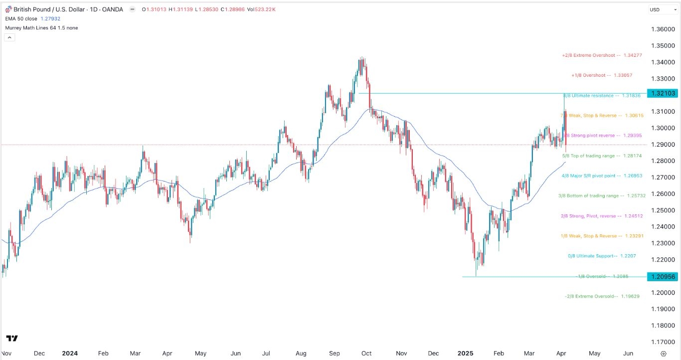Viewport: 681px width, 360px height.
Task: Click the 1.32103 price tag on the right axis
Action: click(662, 94)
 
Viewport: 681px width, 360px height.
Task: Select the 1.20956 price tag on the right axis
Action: click(662, 277)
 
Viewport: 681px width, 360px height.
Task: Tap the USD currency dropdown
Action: click(661, 9)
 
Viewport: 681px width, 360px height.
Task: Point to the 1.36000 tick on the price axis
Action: click(662, 29)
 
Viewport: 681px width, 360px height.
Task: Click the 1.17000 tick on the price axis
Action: click(662, 342)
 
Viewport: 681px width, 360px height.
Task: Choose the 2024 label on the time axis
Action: click(70, 354)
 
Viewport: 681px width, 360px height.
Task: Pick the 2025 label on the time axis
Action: click(466, 354)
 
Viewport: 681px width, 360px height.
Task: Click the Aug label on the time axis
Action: click(301, 354)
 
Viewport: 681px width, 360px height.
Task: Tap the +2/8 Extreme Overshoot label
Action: click(603, 55)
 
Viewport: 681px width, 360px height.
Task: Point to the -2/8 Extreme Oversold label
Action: click(602, 296)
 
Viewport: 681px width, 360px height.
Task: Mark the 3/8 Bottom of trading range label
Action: click(602, 196)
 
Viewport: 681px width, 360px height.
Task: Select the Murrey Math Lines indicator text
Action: click(41, 28)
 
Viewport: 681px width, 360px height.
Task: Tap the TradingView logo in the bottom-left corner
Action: click(12, 339)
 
